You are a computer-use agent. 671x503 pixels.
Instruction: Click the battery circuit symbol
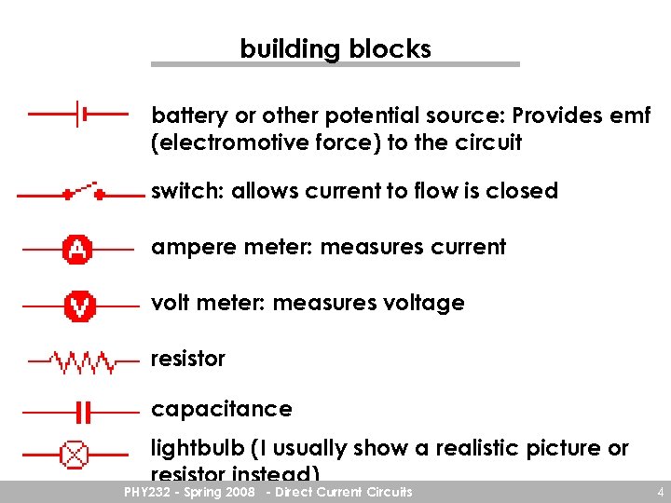coord(80,114)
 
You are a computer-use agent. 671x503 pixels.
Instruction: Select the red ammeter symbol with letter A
coord(77,250)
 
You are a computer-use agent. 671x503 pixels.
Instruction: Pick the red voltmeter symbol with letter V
coord(78,306)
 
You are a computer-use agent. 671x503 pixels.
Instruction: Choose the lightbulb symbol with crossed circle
coord(74,455)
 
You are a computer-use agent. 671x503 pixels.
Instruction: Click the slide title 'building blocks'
coord(335,48)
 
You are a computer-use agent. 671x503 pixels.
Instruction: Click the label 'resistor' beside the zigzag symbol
coord(188,359)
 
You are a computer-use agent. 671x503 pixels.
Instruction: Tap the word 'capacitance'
coord(222,409)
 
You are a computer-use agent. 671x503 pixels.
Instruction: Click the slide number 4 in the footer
coord(659,492)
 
